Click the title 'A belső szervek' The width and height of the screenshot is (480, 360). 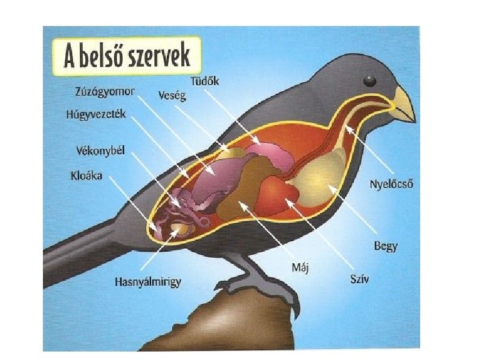point(127,56)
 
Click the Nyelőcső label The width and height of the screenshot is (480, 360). point(391,185)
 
